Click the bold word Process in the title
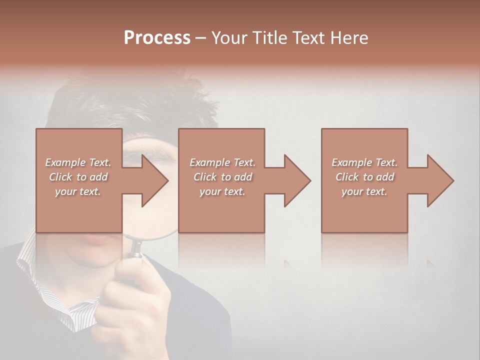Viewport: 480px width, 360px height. (x=157, y=38)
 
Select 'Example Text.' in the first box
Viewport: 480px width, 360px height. (x=78, y=162)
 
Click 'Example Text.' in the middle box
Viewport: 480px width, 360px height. (x=222, y=162)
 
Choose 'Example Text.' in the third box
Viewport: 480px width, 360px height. (x=364, y=162)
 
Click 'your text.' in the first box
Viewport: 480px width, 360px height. (x=78, y=191)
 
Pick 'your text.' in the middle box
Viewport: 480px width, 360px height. (x=222, y=191)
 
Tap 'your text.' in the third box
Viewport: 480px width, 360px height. (x=364, y=191)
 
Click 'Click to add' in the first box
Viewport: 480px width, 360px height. (x=78, y=177)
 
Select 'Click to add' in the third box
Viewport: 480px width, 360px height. (x=364, y=177)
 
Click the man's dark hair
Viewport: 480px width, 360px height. (x=125, y=100)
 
